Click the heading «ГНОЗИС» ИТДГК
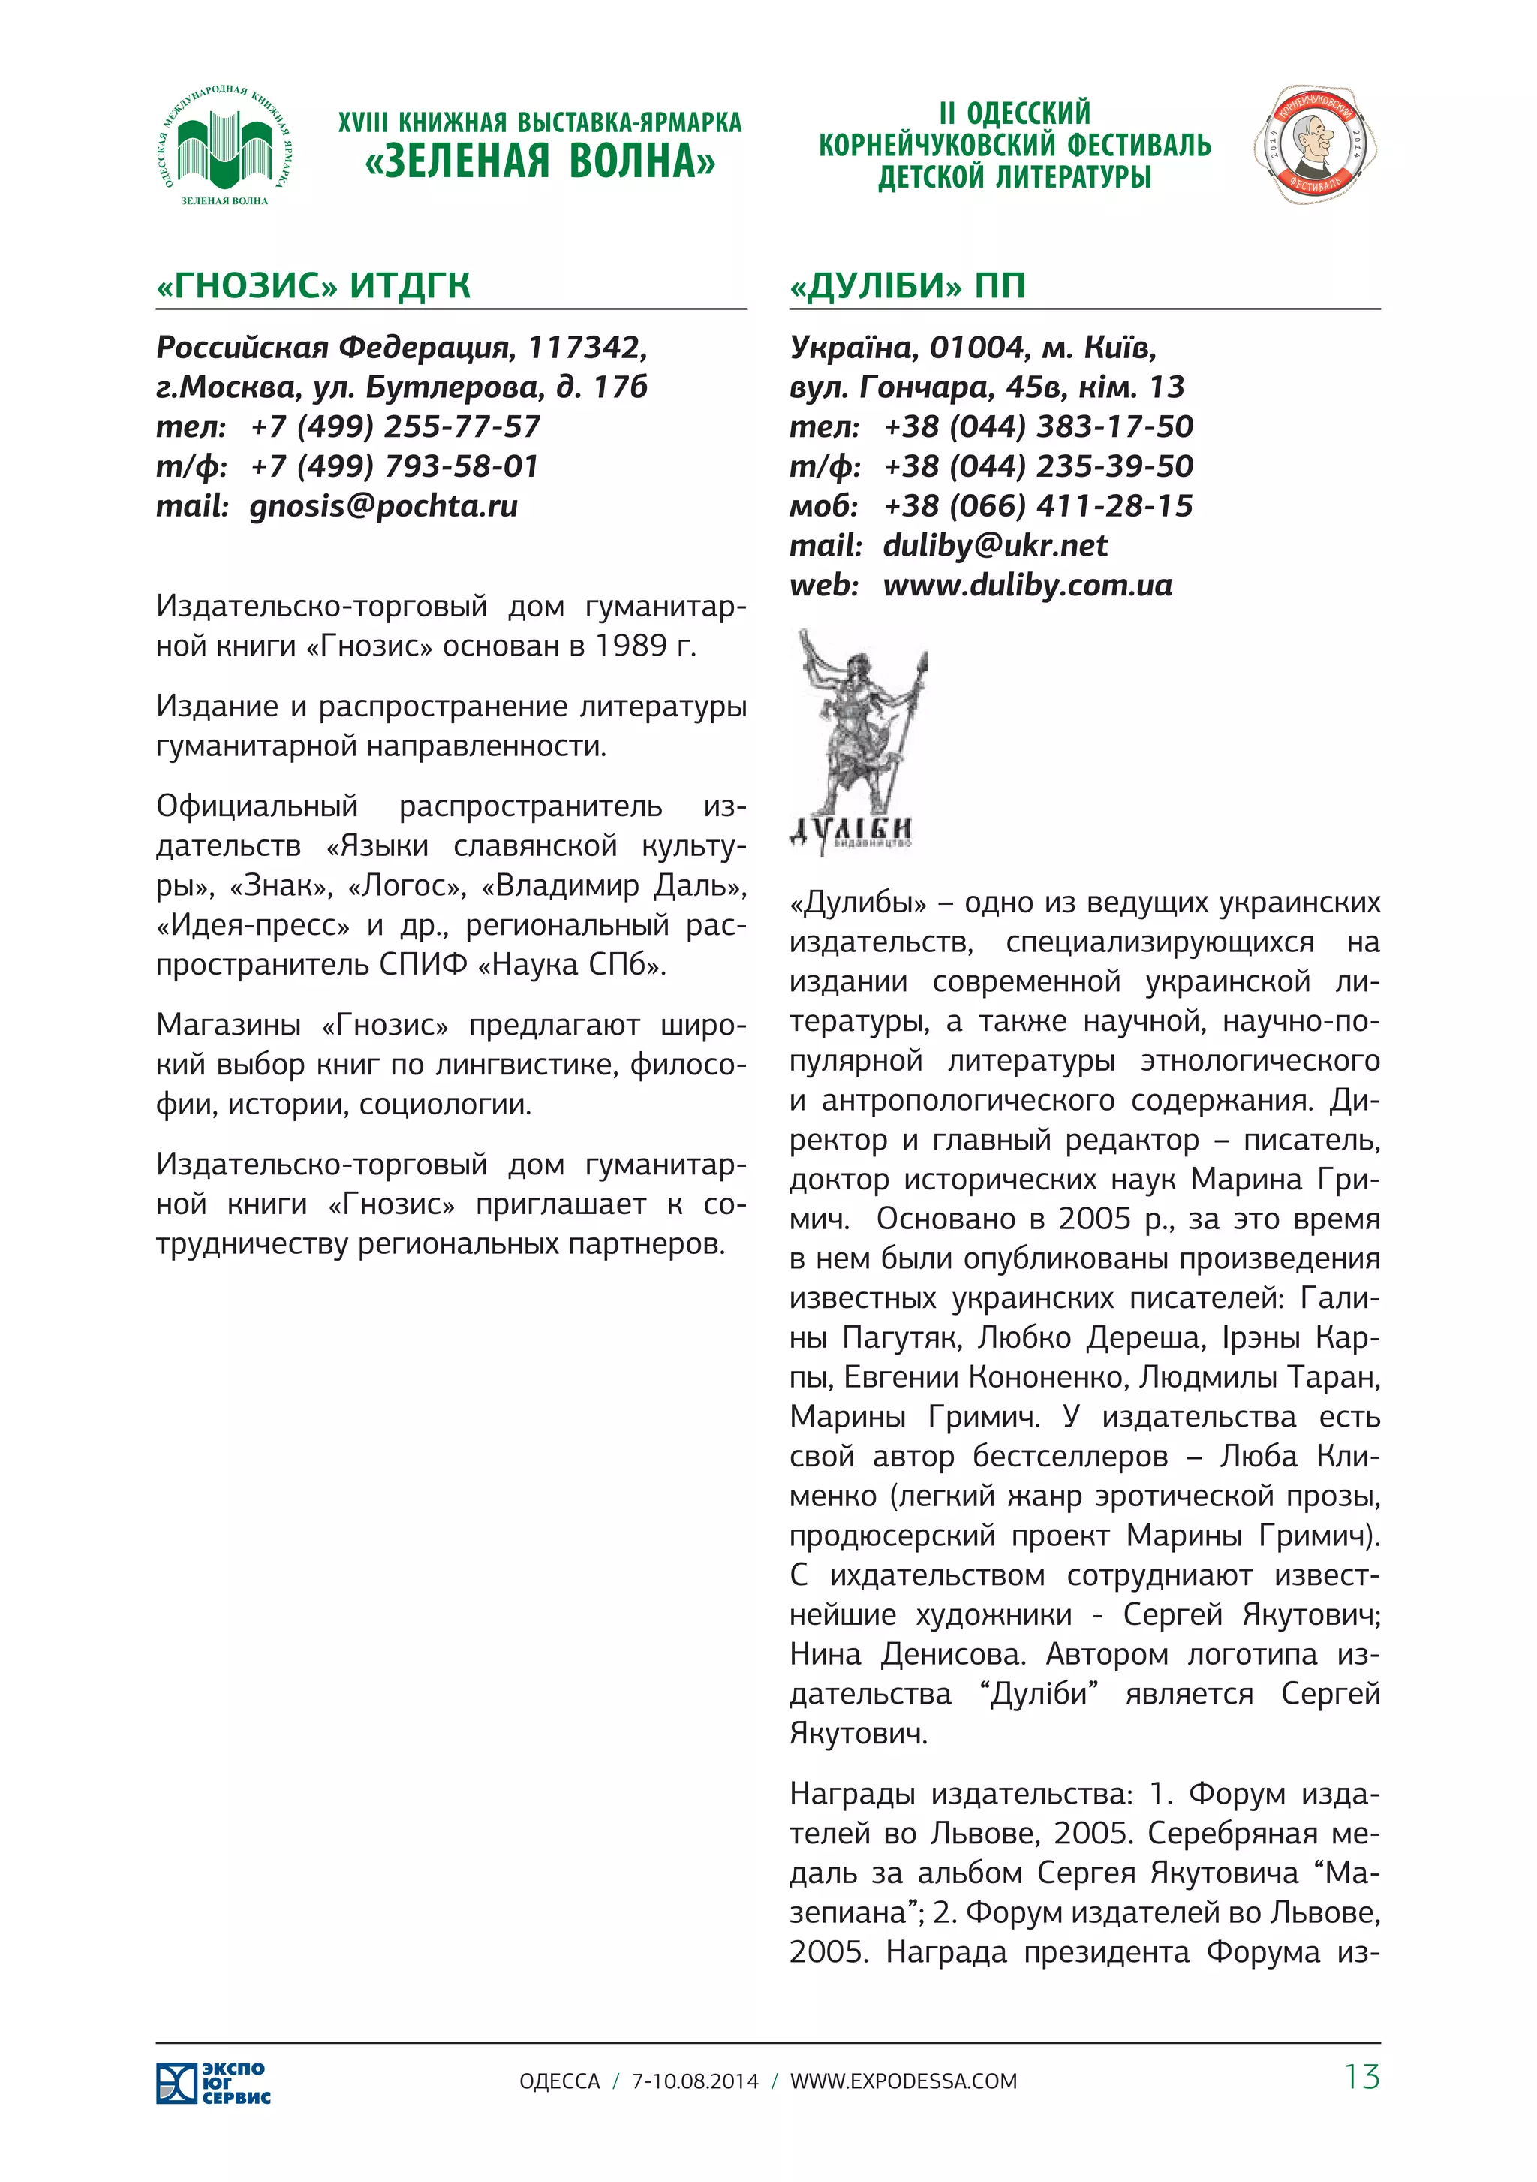pos(314,285)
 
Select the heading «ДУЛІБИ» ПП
pos(907,285)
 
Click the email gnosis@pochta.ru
pos(383,505)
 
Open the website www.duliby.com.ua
pos(1028,586)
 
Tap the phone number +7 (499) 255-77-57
pos(396,426)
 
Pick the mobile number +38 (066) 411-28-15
pos(1037,505)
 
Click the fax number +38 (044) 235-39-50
pos(1037,466)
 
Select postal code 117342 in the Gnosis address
pos(586,348)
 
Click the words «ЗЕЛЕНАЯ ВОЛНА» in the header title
pos(540,161)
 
